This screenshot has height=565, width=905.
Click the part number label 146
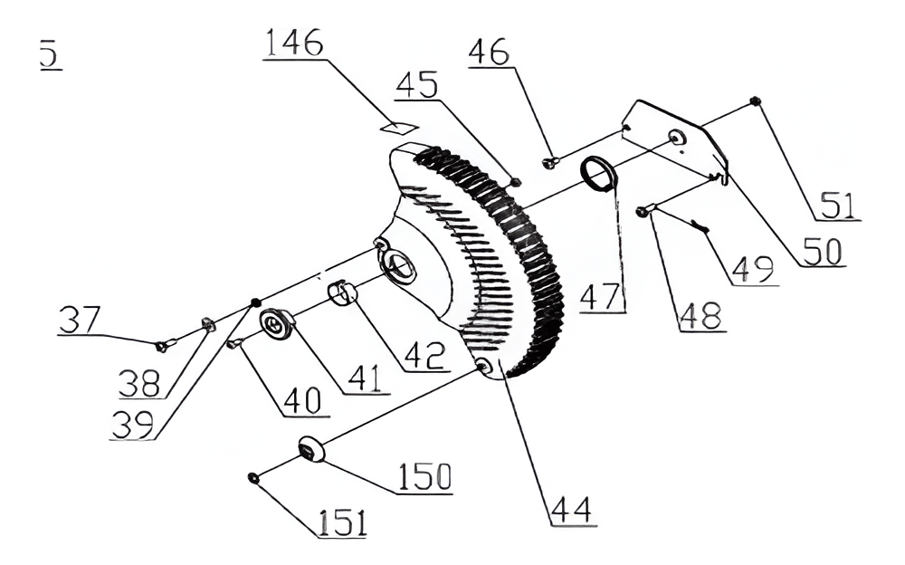[x=294, y=43]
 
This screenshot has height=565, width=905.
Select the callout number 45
[x=416, y=85]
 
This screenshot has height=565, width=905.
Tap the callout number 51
[x=837, y=206]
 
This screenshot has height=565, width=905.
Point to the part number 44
[x=572, y=510]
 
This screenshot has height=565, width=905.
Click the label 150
[x=424, y=476]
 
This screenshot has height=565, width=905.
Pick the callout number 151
[x=341, y=522]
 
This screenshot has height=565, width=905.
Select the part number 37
[x=79, y=320]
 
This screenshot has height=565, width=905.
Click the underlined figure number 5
[x=50, y=53]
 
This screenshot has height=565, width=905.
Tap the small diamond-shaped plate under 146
[x=399, y=127]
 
